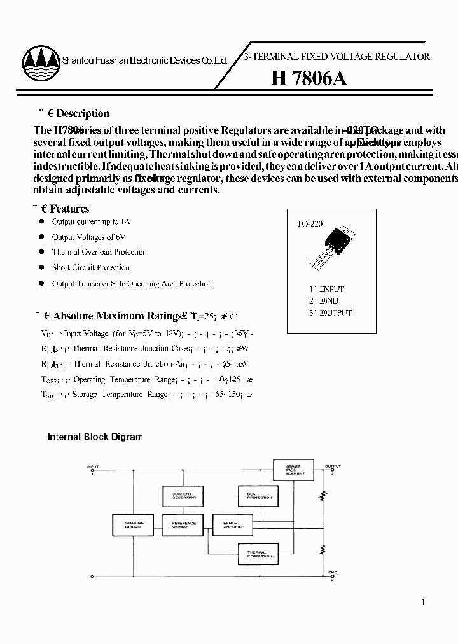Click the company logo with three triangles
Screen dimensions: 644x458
[40, 60]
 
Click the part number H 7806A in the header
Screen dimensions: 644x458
[309, 78]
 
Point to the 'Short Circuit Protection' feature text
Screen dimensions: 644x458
[90, 268]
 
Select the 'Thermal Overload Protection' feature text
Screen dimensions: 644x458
[99, 252]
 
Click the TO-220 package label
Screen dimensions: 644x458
[310, 224]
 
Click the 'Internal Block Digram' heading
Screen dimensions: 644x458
[95, 437]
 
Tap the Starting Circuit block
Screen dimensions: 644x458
[134, 524]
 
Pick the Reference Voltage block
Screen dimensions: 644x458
[184, 524]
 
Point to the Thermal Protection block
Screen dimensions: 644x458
[258, 554]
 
